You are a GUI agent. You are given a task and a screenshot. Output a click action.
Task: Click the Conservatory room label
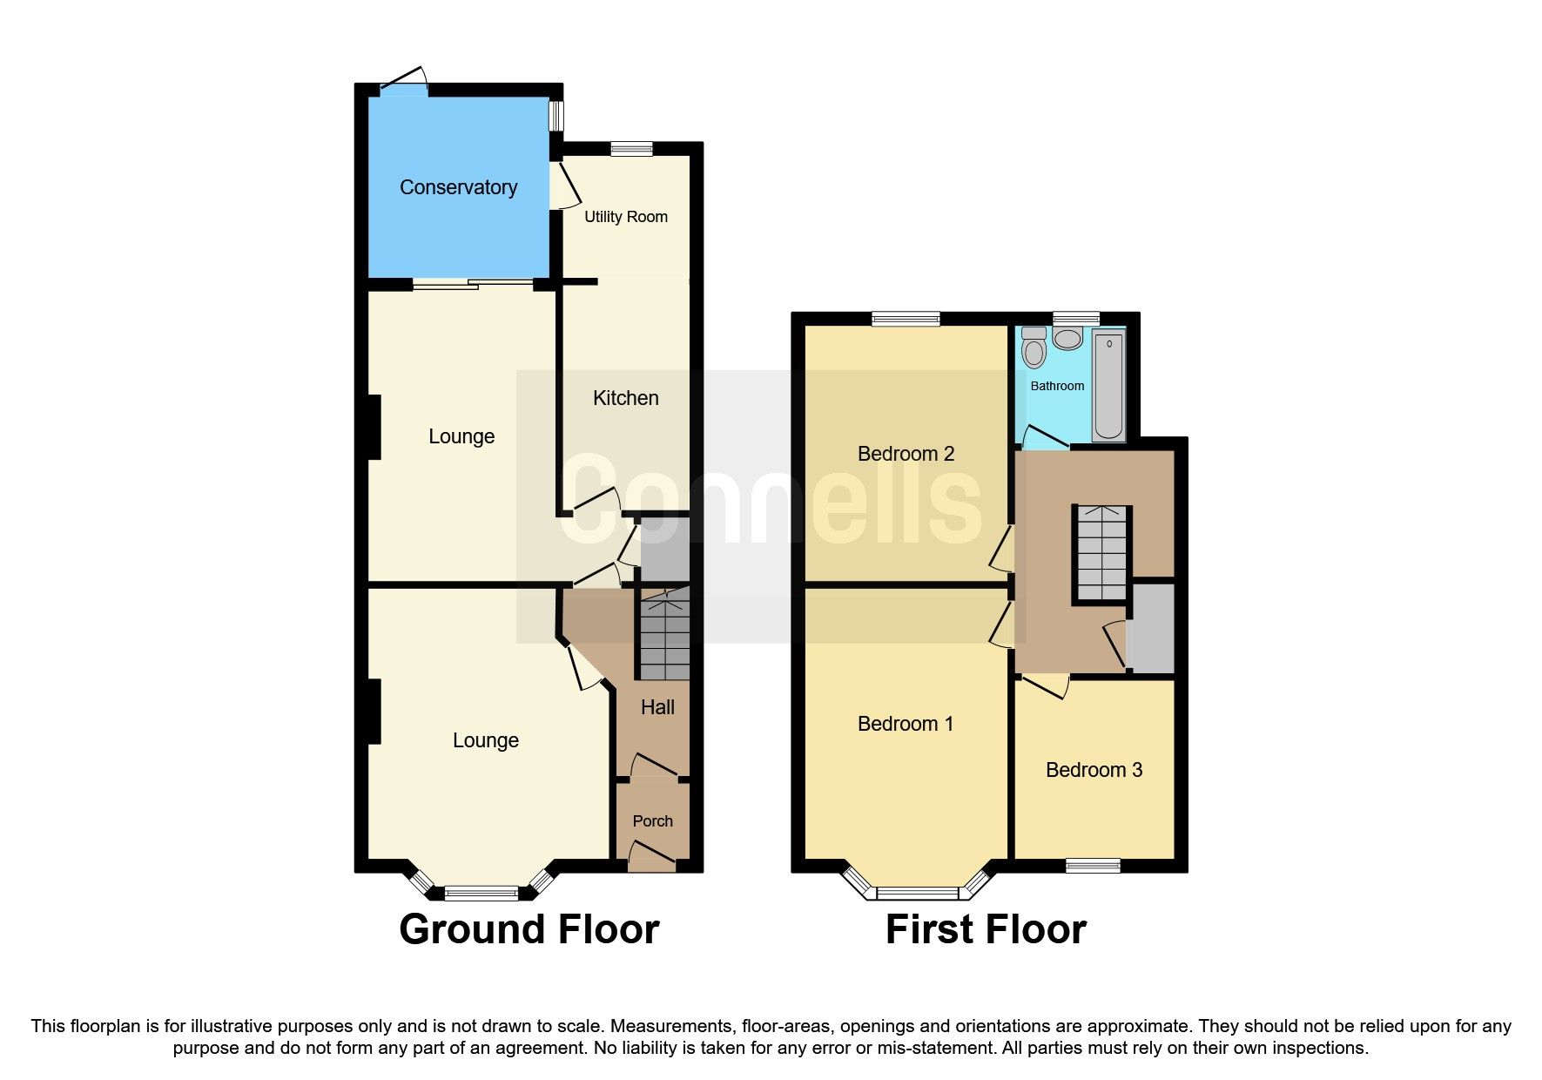[458, 187]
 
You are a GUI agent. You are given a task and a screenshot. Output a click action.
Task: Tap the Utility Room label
[626, 217]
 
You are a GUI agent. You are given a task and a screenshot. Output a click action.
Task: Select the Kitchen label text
[625, 398]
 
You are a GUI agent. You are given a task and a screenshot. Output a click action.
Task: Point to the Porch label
[652, 821]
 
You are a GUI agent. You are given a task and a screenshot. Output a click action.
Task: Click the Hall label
[657, 707]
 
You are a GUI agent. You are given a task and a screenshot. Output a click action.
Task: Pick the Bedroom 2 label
[906, 454]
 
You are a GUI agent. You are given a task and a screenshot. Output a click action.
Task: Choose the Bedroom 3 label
[1094, 770]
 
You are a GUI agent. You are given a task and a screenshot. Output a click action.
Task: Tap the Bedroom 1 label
[906, 724]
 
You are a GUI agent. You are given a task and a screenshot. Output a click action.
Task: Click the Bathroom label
[1057, 386]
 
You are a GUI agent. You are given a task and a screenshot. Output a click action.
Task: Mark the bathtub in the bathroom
[1108, 385]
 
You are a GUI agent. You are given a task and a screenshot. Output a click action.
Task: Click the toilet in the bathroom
[1034, 348]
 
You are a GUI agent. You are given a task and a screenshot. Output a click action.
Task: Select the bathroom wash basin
[1067, 337]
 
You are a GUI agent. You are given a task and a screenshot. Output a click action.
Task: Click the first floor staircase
[1101, 554]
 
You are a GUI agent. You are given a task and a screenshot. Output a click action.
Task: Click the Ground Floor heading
[529, 929]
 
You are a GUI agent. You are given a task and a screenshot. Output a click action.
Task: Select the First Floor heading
[986, 929]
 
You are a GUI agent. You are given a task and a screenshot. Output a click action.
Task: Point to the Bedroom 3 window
[1093, 865]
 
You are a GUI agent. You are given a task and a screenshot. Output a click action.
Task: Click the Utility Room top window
[631, 149]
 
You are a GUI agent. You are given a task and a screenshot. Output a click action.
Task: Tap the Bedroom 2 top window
[906, 319]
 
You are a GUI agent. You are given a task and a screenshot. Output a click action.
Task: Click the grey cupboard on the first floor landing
[1152, 627]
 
